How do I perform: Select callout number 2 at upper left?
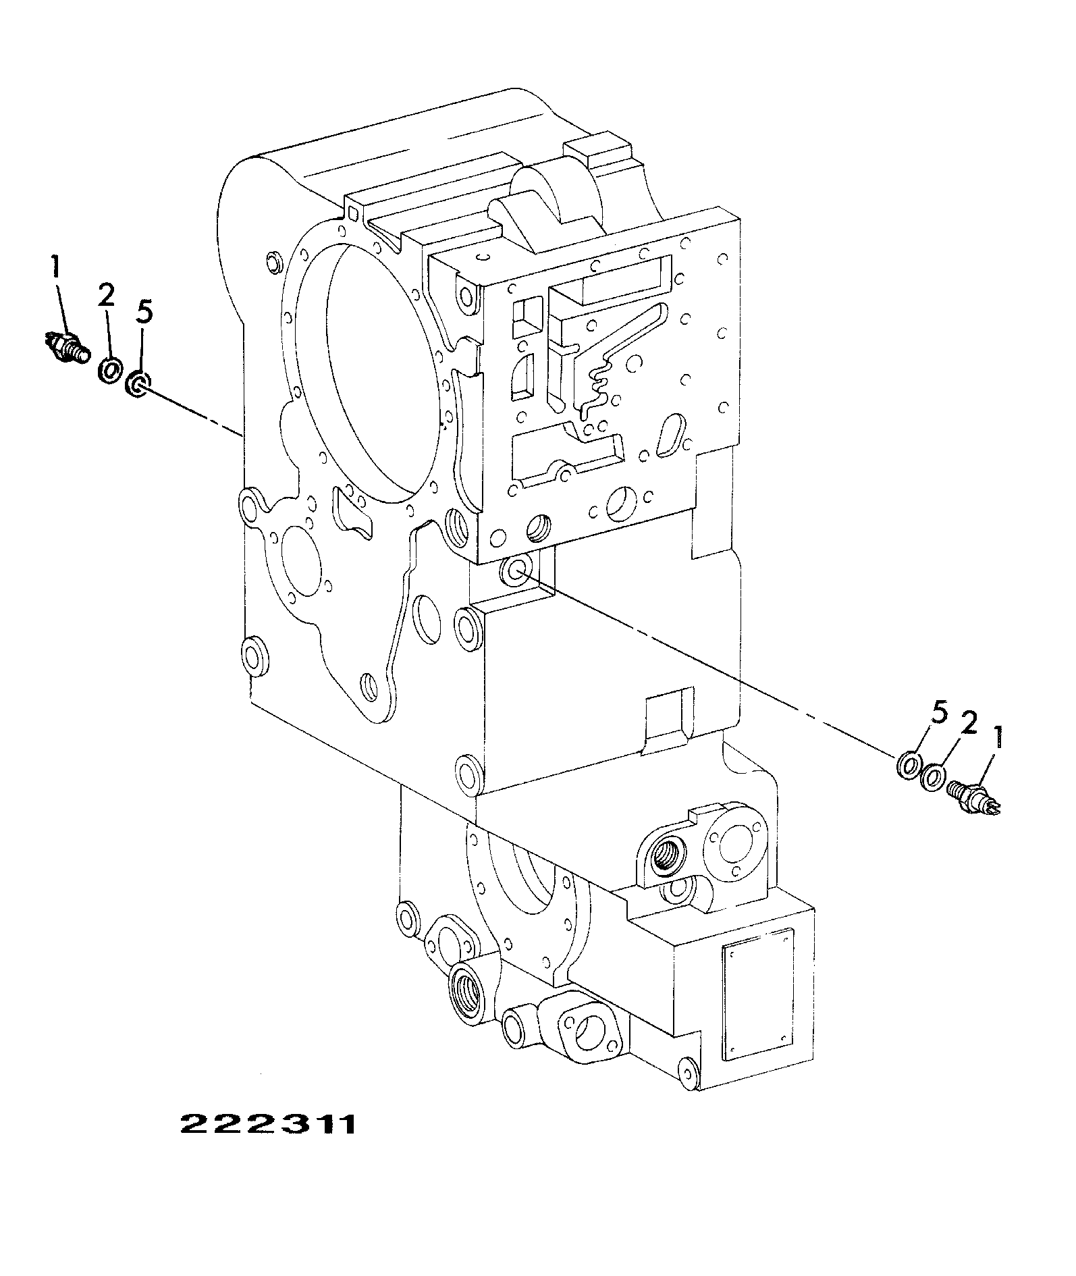click(106, 296)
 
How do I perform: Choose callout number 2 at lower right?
click(967, 725)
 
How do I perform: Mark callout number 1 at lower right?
click(997, 738)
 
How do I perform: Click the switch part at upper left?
click(66, 346)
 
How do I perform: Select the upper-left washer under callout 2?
click(109, 370)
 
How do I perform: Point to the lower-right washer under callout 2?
click(934, 777)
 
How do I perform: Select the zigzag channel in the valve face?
click(597, 385)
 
